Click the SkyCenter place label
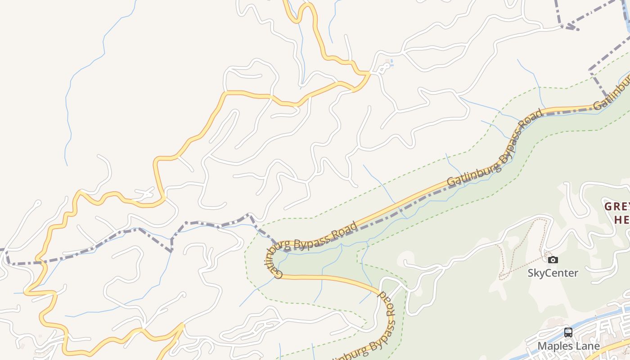[x=553, y=273]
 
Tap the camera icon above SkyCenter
[x=553, y=260]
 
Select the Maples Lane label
[x=568, y=346]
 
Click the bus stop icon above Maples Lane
[x=568, y=333]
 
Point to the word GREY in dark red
[x=616, y=207]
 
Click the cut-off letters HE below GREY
[x=622, y=220]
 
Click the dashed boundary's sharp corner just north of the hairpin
[x=250, y=216]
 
